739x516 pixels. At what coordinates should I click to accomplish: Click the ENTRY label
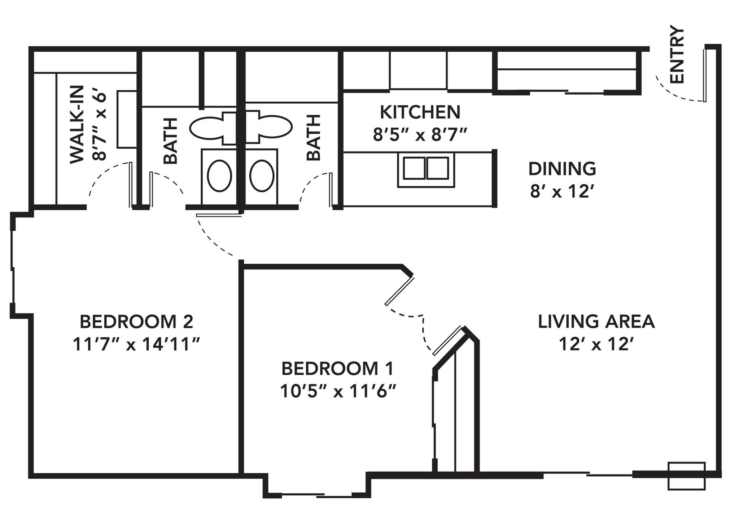(677, 55)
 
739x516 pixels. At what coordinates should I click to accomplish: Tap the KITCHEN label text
(420, 112)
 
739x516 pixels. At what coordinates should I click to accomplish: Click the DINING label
(562, 169)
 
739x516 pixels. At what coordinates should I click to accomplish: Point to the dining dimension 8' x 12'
(562, 192)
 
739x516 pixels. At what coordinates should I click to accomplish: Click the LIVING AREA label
(596, 322)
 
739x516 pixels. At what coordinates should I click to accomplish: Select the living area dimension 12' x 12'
(596, 344)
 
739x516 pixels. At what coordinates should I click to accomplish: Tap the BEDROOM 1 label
(337, 369)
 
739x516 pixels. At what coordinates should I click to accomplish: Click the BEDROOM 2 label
(136, 322)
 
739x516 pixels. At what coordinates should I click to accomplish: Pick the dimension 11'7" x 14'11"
(136, 344)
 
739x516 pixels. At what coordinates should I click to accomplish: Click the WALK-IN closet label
(76, 125)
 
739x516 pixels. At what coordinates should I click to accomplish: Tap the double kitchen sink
(426, 168)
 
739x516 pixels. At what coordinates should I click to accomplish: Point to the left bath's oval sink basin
(219, 176)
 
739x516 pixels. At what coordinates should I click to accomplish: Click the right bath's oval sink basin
(262, 176)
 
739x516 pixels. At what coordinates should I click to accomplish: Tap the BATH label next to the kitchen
(314, 137)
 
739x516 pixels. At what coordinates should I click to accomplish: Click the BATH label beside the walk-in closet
(171, 141)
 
